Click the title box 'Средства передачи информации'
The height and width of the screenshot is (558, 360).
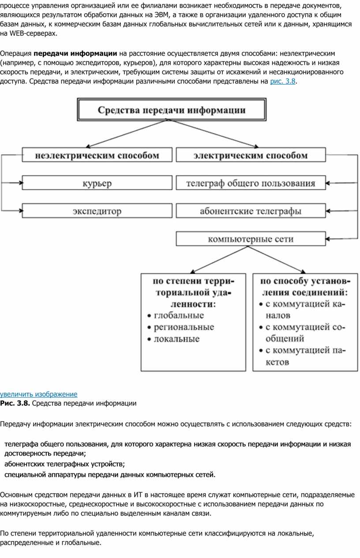[x=172, y=109]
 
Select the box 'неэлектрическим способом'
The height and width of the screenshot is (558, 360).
[x=97, y=155]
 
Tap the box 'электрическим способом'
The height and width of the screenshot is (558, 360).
[x=251, y=155]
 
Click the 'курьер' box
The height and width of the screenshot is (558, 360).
[x=97, y=183]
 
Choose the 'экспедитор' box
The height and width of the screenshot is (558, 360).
[x=97, y=211]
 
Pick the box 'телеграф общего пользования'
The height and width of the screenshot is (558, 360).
[x=251, y=183]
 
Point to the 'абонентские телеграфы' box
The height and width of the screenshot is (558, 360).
[x=251, y=211]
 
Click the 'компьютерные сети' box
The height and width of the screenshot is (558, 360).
[x=251, y=239]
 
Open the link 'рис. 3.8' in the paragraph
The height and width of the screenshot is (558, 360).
[x=282, y=81]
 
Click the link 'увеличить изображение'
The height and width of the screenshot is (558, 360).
[x=38, y=394]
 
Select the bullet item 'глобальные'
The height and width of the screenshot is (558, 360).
[x=176, y=315]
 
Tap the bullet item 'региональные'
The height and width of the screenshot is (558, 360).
[x=181, y=327]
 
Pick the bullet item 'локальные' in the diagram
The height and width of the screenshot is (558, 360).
[x=173, y=339]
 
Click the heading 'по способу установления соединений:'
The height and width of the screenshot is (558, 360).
[x=305, y=287]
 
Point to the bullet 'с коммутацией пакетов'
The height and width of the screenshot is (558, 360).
[x=302, y=356]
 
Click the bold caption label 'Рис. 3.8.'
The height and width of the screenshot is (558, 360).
[x=15, y=403]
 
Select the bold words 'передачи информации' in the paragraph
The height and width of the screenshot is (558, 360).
[x=75, y=53]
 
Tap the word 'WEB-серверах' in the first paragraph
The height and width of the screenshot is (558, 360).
[x=33, y=34]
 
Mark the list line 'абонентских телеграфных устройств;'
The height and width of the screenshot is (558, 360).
[x=65, y=464]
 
